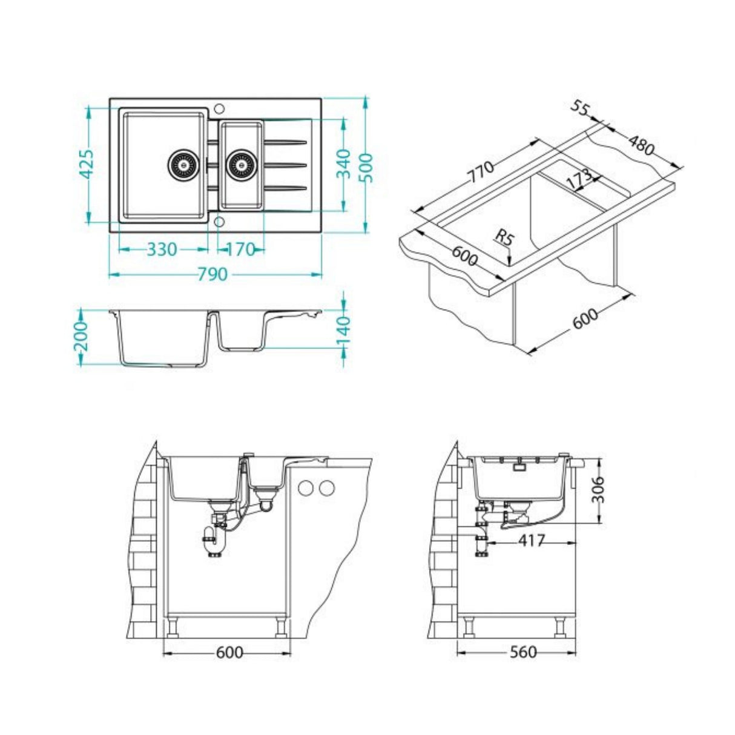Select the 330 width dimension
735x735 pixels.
coord(162,249)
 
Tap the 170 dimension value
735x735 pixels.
coord(241,249)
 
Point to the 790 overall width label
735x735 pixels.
coord(213,275)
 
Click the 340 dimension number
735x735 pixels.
coord(343,163)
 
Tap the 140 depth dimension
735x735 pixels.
coord(343,331)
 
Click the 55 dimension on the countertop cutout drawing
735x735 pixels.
coord(581,108)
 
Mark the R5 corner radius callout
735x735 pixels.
coord(504,237)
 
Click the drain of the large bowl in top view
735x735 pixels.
coord(182,164)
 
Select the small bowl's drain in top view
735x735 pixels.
coord(242,164)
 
